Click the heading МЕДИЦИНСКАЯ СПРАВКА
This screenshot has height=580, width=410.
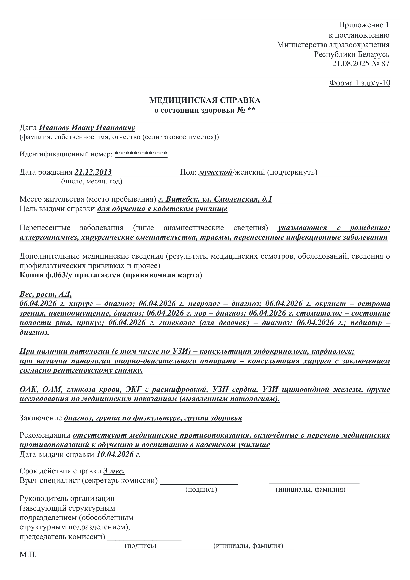pyautogui.click(x=205, y=100)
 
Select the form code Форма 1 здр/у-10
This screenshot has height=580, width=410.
pyautogui.click(x=359, y=83)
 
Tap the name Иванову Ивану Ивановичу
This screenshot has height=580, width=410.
pyautogui.click(x=87, y=128)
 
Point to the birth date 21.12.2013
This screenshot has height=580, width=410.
pyautogui.click(x=93, y=172)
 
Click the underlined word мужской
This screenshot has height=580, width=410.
pyautogui.click(x=215, y=172)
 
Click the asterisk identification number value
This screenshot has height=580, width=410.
pyautogui.click(x=141, y=153)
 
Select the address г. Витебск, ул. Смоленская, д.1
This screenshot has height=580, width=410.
pyautogui.click(x=215, y=199)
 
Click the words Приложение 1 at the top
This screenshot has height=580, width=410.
pyautogui.click(x=364, y=25)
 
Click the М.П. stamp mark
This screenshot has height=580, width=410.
pyautogui.click(x=28, y=555)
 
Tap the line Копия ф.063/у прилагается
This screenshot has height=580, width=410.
pyautogui.click(x=111, y=275)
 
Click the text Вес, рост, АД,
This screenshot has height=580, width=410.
pyautogui.click(x=46, y=294)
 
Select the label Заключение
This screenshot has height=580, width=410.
pyautogui.click(x=41, y=418)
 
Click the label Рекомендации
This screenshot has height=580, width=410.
pyautogui.click(x=45, y=435)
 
